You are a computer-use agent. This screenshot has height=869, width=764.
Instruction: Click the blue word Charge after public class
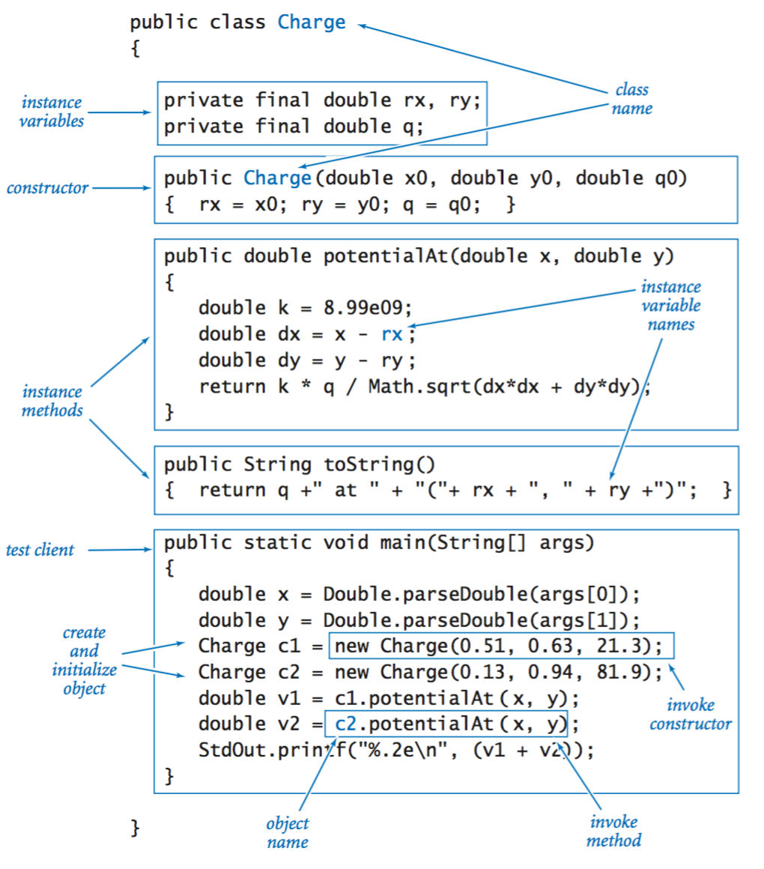312,22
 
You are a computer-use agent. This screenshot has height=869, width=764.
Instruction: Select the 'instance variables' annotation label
52,112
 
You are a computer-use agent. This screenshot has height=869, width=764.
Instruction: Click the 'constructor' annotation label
47,188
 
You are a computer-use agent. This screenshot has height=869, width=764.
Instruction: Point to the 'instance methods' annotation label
52,401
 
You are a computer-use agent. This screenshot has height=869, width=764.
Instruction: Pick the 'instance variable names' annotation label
671,306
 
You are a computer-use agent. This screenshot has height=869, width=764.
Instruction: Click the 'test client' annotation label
40,550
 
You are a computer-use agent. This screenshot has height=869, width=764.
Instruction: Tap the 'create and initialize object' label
84,661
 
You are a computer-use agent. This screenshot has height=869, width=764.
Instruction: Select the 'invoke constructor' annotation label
690,714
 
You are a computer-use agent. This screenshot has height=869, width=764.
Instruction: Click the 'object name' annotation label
288,833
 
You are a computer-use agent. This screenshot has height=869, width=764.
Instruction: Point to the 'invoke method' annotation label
613,831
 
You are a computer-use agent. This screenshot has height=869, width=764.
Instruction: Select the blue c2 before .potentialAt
347,724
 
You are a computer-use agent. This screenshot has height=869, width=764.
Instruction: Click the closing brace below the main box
135,827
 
